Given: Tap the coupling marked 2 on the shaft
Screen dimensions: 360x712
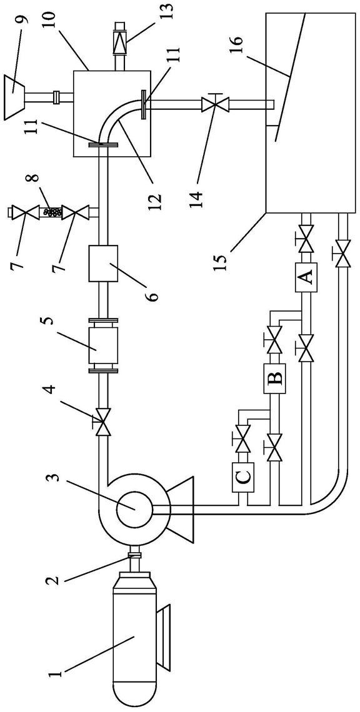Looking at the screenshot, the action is [135, 555].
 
